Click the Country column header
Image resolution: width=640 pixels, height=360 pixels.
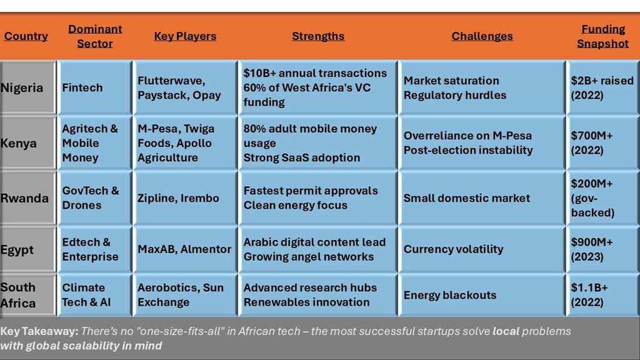pos(26,36)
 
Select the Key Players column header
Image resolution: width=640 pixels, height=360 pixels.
pos(185,36)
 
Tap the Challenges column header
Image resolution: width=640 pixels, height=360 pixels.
pos(482,36)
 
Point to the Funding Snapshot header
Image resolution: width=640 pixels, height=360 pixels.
pos(603,36)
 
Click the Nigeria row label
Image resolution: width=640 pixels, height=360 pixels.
pos(22,87)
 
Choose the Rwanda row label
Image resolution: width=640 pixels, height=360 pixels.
pos(24,198)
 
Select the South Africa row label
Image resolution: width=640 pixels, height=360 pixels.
pos(18,295)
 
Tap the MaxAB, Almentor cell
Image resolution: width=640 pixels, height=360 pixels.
pos(184,249)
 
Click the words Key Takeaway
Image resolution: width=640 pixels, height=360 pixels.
pos(39,331)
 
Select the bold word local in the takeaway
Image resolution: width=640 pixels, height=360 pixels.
pos(506,331)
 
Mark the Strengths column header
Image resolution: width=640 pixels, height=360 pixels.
pos(318,36)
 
